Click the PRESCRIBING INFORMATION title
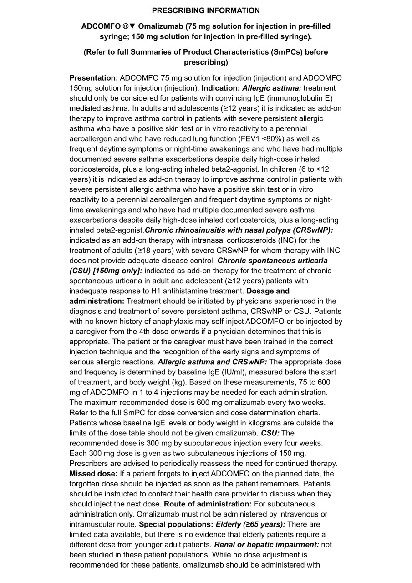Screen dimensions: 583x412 (206, 10)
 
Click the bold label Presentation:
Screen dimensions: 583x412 (93, 78)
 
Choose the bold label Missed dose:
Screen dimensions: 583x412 (93, 473)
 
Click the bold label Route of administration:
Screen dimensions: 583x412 (208, 504)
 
